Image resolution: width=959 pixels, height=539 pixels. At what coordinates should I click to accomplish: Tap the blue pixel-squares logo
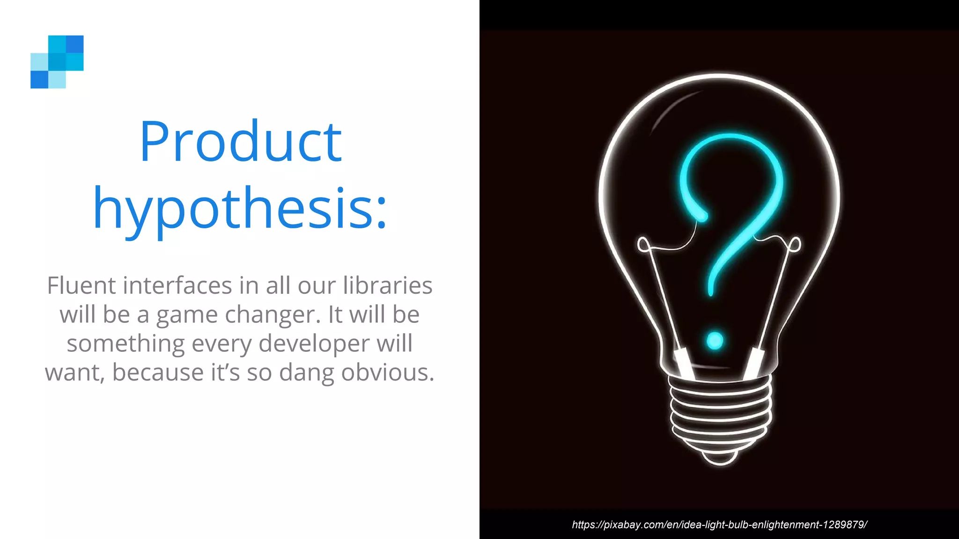point(57,62)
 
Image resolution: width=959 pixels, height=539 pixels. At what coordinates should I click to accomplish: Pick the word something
point(125,344)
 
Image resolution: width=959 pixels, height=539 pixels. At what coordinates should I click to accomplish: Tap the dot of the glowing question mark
point(715,341)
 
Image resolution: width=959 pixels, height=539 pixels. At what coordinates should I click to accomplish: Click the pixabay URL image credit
point(719,524)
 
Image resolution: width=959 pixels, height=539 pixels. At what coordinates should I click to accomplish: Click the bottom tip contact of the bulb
point(720,459)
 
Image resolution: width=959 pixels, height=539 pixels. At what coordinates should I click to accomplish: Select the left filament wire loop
point(643,244)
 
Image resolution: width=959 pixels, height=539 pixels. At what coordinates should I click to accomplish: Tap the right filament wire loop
point(795,244)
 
